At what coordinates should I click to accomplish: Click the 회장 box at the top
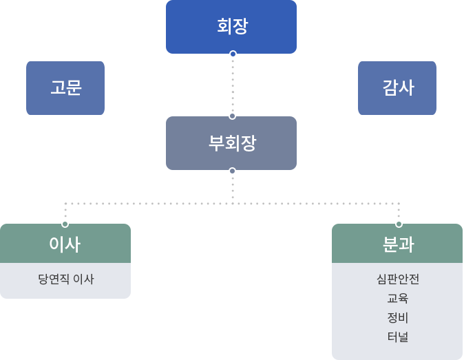(x=231, y=27)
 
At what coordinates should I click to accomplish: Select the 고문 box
(x=65, y=87)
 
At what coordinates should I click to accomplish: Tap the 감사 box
(x=397, y=87)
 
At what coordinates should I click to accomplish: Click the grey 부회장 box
(x=231, y=143)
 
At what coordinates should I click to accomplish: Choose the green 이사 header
(x=65, y=244)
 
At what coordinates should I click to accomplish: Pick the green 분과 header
(x=397, y=244)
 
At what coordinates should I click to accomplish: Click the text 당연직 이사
(x=65, y=279)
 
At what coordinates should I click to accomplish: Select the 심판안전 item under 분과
(x=397, y=279)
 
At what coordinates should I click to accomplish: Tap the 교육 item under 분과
(x=397, y=299)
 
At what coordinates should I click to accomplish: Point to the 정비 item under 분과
(x=397, y=318)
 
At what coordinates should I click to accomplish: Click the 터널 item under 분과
(x=397, y=337)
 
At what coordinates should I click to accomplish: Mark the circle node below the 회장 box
(x=233, y=54)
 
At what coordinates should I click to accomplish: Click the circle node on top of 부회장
(x=232, y=116)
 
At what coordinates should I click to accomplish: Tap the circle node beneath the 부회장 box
(x=232, y=171)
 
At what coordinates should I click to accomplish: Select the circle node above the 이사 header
(x=65, y=224)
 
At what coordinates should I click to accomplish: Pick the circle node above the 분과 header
(x=399, y=224)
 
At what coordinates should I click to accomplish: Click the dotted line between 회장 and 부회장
(x=233, y=85)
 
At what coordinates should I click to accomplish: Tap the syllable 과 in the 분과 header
(x=406, y=244)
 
